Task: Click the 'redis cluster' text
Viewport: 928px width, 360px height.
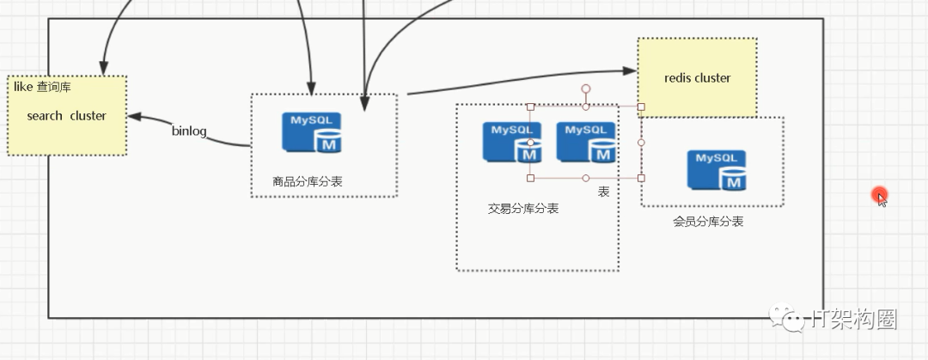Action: (x=697, y=78)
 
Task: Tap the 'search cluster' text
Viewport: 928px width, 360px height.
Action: (x=66, y=116)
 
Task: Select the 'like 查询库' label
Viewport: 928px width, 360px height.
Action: (x=42, y=87)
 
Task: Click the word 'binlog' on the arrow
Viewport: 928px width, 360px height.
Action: (x=188, y=131)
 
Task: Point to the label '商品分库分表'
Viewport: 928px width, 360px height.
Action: (x=308, y=181)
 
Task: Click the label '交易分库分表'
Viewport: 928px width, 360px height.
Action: (x=522, y=209)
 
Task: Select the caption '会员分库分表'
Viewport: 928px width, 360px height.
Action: (x=708, y=222)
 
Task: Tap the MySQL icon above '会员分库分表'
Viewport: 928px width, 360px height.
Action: (x=717, y=170)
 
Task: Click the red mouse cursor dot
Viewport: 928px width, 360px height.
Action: (x=878, y=195)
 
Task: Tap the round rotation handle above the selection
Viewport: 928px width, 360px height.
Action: (x=586, y=88)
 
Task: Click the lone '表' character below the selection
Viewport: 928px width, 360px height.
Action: (x=603, y=192)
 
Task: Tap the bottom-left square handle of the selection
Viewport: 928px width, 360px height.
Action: (x=530, y=178)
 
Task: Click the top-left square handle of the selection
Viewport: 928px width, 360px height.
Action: (x=530, y=107)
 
